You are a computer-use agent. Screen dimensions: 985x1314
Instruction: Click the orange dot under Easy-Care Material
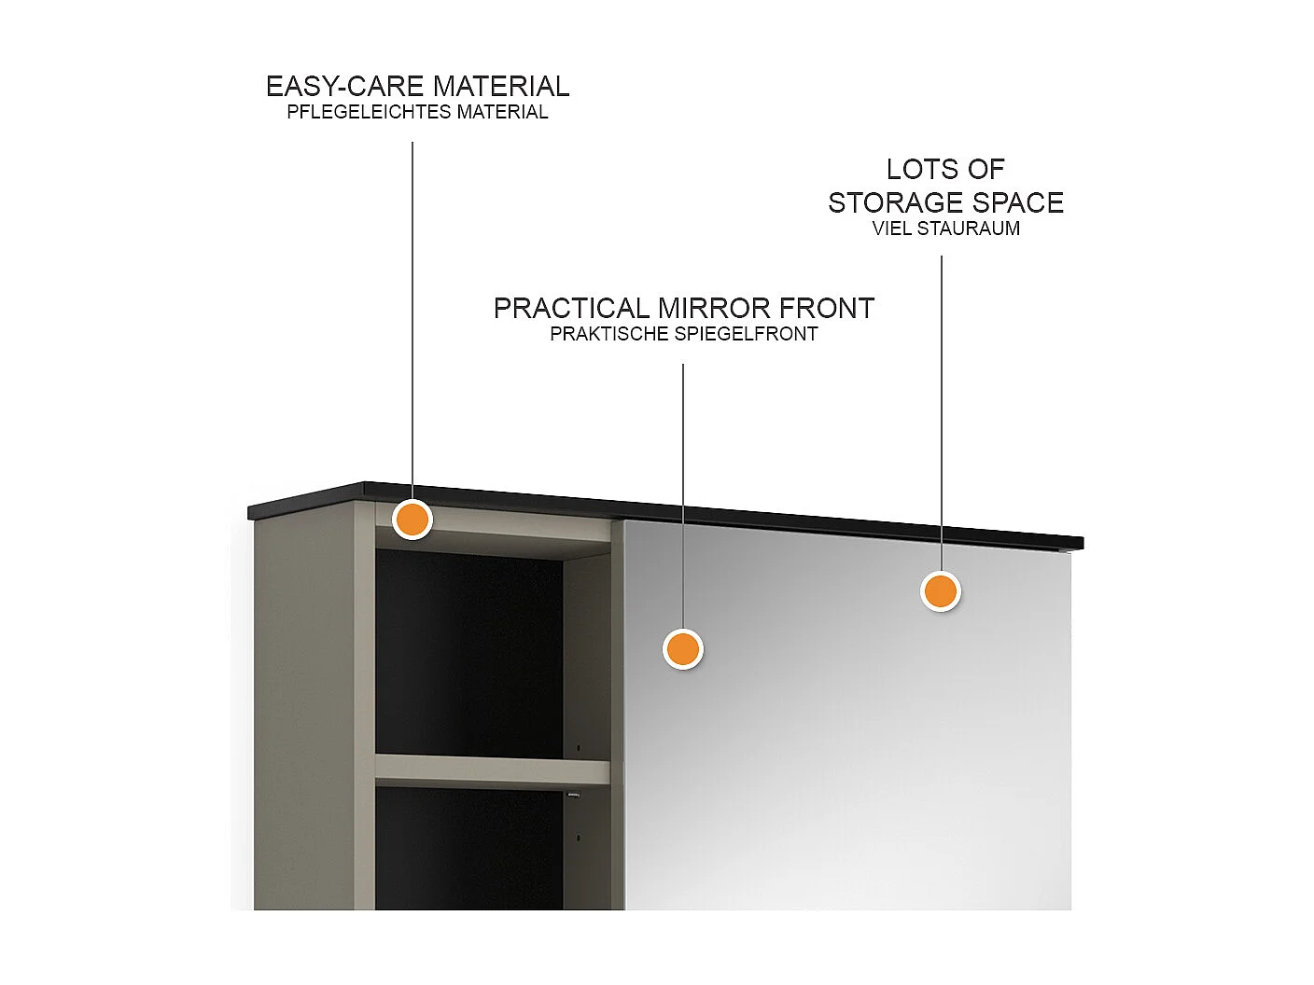click(x=412, y=519)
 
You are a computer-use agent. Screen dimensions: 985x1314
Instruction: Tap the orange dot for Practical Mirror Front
click(x=682, y=648)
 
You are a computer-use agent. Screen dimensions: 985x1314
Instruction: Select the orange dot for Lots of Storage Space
click(x=940, y=590)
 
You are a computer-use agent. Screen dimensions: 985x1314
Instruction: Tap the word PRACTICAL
click(x=571, y=309)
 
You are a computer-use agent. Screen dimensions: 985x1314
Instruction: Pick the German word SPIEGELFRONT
click(x=748, y=334)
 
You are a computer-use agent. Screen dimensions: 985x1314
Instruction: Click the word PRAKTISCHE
click(x=610, y=334)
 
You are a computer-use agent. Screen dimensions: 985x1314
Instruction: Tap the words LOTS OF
click(x=944, y=170)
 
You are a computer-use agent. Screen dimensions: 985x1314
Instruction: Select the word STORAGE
click(x=896, y=203)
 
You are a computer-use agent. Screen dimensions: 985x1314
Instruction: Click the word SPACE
click(x=1017, y=203)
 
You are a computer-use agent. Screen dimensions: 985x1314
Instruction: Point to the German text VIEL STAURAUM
click(x=945, y=229)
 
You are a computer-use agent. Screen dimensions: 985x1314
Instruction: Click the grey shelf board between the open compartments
click(x=492, y=770)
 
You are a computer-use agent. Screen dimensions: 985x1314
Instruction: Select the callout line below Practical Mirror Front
click(x=683, y=494)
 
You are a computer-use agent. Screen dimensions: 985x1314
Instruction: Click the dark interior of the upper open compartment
click(x=467, y=653)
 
